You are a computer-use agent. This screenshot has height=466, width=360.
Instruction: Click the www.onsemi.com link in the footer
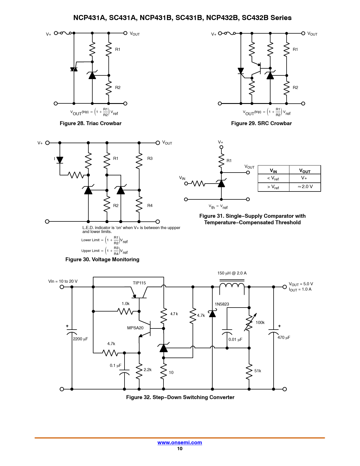click(180, 443)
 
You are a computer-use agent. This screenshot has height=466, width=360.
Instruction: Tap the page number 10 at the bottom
click(180, 448)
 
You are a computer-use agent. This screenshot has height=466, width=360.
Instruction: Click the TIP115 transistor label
click(139, 283)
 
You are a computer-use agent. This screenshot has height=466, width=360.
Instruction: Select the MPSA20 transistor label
click(135, 328)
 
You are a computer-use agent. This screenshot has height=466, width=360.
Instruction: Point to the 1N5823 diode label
click(222, 304)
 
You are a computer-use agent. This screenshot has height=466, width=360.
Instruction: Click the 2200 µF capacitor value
click(80, 339)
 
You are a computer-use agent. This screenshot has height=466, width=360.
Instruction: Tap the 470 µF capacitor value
click(284, 337)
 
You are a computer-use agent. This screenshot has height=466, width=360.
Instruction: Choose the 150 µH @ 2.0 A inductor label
click(232, 273)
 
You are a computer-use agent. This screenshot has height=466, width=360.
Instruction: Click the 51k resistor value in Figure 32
click(258, 371)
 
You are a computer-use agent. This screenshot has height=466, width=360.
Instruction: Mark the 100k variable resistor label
click(260, 323)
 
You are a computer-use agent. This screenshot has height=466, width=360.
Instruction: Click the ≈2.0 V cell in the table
click(305, 187)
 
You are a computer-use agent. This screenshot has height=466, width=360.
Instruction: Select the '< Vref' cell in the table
click(273, 178)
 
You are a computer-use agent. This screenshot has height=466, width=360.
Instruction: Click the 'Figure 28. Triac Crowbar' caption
click(91, 123)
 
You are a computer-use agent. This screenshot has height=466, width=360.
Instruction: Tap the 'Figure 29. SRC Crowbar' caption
click(261, 123)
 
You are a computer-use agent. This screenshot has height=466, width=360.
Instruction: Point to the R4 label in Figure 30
click(150, 206)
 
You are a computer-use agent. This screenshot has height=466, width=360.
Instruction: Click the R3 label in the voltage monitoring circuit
click(150, 158)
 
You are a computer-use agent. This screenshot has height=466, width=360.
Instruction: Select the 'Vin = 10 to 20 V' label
click(63, 281)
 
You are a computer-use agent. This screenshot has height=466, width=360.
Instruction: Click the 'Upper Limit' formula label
click(90, 251)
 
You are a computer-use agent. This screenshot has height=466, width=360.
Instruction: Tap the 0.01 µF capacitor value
click(235, 339)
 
